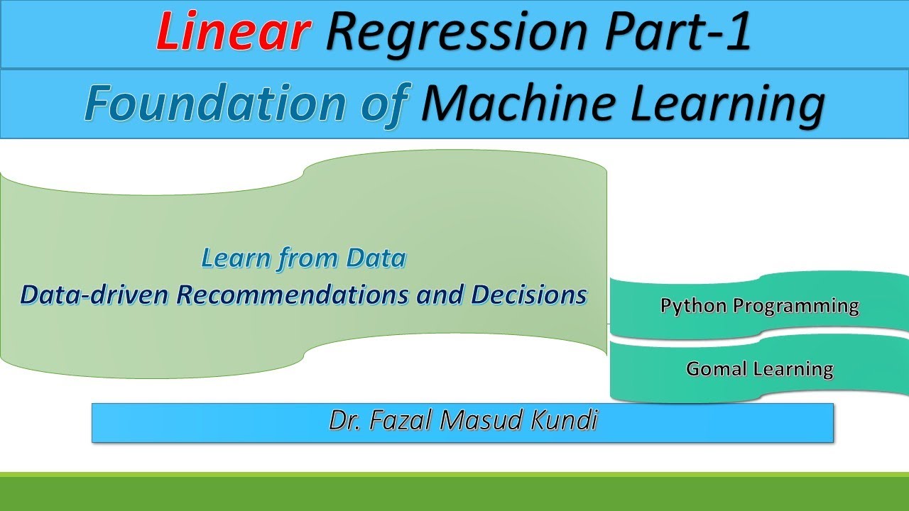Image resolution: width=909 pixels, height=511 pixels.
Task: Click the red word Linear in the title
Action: tap(233, 33)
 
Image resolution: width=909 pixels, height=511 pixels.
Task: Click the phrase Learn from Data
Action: tap(303, 258)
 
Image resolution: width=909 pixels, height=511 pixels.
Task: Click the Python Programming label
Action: tap(759, 306)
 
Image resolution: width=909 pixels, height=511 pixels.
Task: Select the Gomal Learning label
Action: tap(759, 369)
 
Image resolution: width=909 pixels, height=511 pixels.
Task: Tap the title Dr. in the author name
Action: tap(342, 422)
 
